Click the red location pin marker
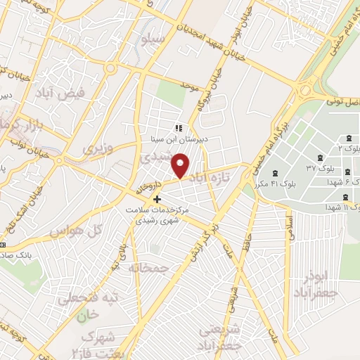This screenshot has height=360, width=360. click(181, 165)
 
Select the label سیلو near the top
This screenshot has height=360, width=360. click(153, 39)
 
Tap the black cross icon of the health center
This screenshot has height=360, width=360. click(157, 199)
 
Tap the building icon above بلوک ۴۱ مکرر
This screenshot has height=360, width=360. click(274, 172)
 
